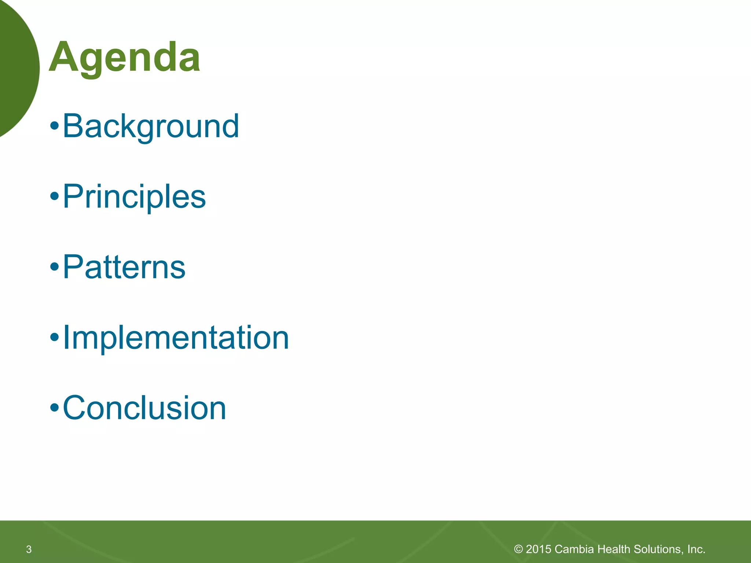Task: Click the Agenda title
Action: pyautogui.click(x=125, y=58)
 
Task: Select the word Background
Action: pyautogui.click(x=151, y=126)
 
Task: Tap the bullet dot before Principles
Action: pyautogui.click(x=54, y=197)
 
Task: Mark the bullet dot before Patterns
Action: pyautogui.click(x=54, y=267)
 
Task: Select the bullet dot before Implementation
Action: pyautogui.click(x=54, y=338)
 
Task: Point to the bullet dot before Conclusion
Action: pyautogui.click(x=54, y=408)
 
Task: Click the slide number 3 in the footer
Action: pyautogui.click(x=29, y=549)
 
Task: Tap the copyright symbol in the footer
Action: pyautogui.click(x=518, y=549)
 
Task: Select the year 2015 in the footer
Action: pyautogui.click(x=538, y=549)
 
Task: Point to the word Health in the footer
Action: pyautogui.click(x=613, y=549)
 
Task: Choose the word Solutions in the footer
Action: pyautogui.click(x=657, y=549)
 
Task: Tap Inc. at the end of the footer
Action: pyautogui.click(x=696, y=549)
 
